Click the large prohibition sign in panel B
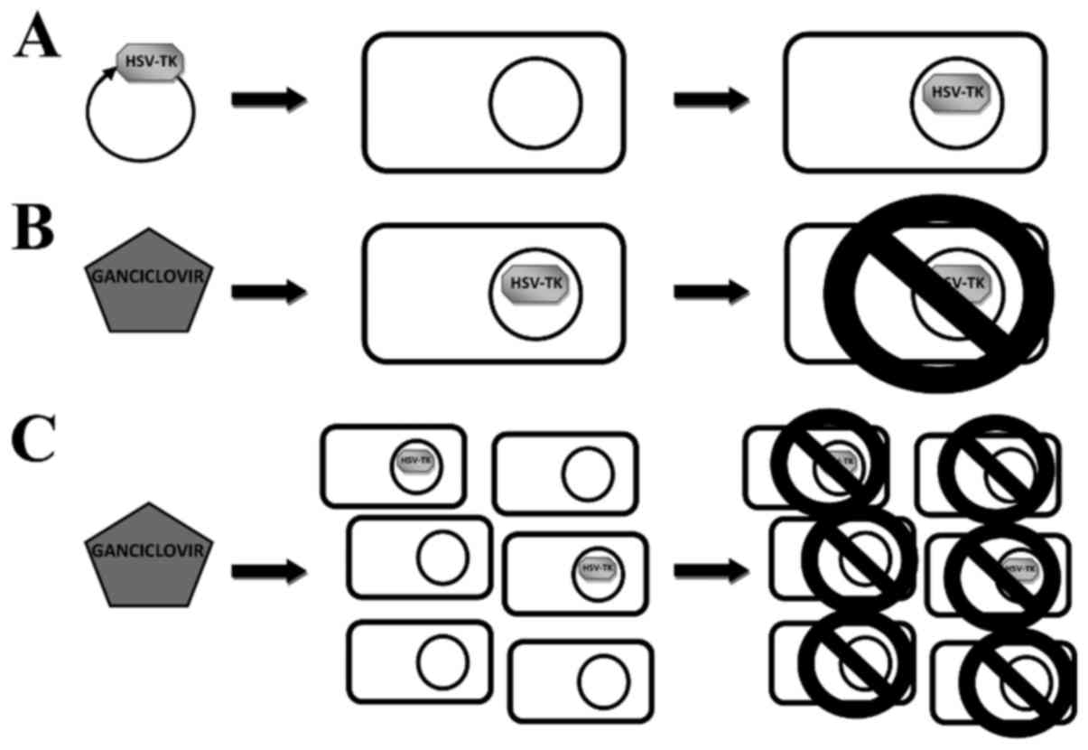939,292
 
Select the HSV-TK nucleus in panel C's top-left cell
416,462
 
